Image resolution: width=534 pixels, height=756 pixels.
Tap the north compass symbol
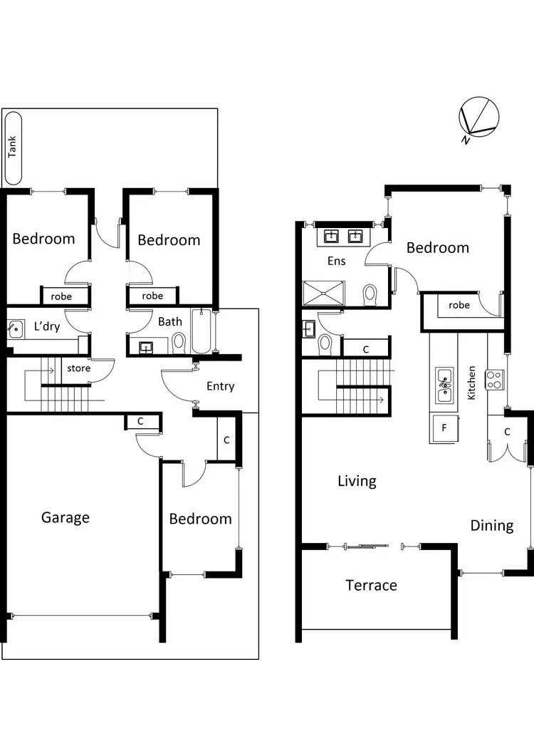click(x=478, y=119)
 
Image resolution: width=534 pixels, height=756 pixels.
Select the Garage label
click(x=66, y=517)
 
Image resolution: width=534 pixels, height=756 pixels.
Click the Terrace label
click(x=371, y=586)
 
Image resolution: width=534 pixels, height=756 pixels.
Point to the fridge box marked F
click(x=444, y=428)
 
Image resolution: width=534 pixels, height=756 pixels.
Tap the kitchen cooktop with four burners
click(x=495, y=379)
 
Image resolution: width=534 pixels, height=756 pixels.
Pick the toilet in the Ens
click(x=370, y=293)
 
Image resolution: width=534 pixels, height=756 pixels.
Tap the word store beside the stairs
click(x=78, y=369)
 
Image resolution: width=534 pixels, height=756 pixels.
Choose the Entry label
click(x=220, y=386)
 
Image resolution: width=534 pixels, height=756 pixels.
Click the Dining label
click(x=491, y=526)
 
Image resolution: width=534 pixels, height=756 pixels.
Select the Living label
click(x=357, y=482)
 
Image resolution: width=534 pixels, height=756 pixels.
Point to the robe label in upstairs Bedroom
click(x=459, y=305)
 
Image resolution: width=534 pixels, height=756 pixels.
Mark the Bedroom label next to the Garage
click(x=200, y=519)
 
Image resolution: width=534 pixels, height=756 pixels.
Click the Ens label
click(x=336, y=262)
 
